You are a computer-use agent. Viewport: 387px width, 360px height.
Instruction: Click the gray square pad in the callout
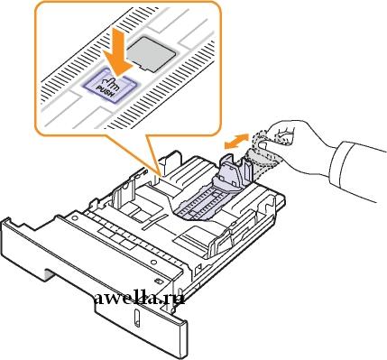(x=151, y=53)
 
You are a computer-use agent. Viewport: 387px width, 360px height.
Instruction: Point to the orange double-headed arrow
(x=236, y=141)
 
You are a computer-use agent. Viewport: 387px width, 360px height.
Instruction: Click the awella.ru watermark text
(x=139, y=299)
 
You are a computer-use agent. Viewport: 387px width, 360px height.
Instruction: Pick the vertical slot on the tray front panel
(x=136, y=318)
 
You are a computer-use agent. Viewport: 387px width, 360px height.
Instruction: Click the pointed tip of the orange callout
(x=160, y=173)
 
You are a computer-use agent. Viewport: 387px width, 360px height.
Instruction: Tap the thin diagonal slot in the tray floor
(x=155, y=222)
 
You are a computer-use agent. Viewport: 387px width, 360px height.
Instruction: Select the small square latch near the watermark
(x=157, y=282)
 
